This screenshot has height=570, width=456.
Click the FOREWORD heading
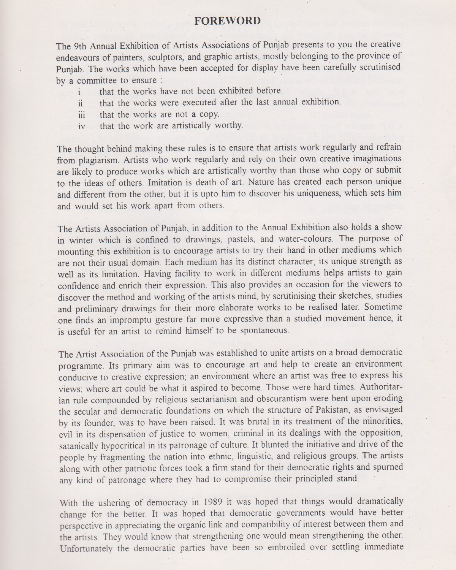click(x=228, y=21)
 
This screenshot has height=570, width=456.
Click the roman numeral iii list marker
click(x=81, y=115)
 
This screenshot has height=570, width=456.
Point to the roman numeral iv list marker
click(x=82, y=126)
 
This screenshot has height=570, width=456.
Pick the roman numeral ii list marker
click(x=81, y=103)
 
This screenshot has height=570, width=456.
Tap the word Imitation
click(x=202, y=182)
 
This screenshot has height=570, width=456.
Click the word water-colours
click(x=306, y=239)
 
